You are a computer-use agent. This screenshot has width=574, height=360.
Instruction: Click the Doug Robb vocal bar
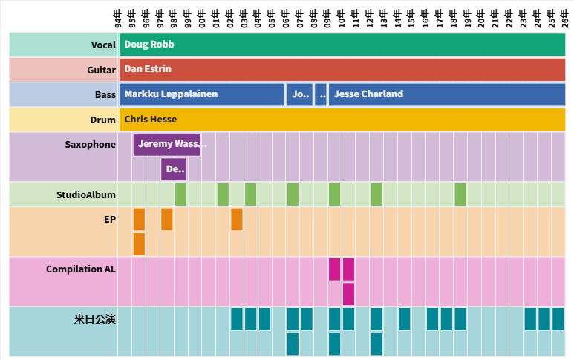[x=342, y=45]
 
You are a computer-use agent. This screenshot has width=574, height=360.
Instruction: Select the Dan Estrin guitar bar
[x=342, y=70]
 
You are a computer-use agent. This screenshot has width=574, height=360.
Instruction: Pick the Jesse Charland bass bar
[x=446, y=94]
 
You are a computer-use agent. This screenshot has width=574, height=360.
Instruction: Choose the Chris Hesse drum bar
[x=342, y=119]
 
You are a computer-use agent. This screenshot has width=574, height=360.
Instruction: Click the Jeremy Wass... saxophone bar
[x=167, y=144]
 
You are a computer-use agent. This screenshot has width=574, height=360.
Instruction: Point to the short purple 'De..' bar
[x=174, y=169]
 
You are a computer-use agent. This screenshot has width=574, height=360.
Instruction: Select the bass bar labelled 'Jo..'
[x=300, y=94]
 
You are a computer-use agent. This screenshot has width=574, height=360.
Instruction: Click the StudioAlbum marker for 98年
[x=180, y=194]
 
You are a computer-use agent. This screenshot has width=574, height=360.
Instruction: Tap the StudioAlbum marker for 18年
[x=460, y=194]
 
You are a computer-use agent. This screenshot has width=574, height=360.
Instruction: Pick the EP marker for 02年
[x=236, y=220]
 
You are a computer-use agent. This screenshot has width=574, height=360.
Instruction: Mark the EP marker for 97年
[x=167, y=220]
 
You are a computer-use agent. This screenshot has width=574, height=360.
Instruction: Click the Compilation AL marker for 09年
[x=334, y=269]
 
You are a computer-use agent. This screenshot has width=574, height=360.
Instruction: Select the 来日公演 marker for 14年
[x=404, y=319]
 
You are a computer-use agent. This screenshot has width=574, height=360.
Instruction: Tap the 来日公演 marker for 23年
[x=530, y=319]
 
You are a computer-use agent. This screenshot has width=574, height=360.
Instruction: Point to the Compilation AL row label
[x=81, y=269]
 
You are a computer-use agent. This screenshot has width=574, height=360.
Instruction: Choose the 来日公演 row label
[x=95, y=319]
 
